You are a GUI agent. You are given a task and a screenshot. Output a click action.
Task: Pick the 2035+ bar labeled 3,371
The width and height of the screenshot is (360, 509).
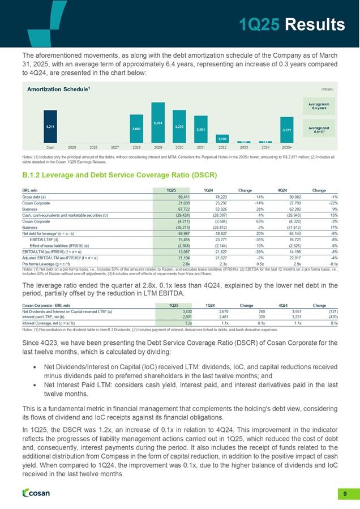click(x=287, y=130)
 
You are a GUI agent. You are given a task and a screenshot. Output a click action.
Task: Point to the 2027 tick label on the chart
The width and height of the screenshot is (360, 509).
click(x=115, y=147)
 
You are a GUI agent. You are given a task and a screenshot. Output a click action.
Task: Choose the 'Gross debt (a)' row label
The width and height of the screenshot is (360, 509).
click(x=34, y=195)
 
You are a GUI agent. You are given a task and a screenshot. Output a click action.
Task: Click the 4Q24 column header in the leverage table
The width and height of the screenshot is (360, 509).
click(x=277, y=189)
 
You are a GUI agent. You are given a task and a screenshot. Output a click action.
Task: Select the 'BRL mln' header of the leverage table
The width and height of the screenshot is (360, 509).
click(x=30, y=189)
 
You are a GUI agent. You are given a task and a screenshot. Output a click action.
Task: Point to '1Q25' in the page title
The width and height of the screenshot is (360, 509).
click(x=260, y=24)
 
